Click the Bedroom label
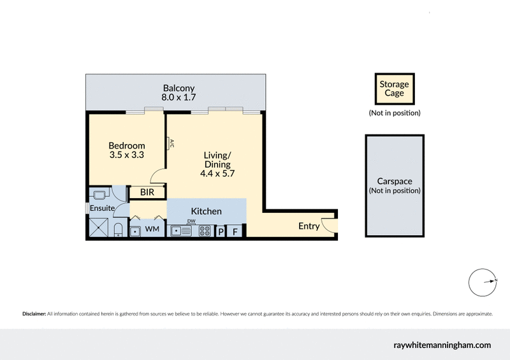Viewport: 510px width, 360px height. (126, 145)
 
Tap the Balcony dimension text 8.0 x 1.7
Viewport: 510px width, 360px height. (178, 98)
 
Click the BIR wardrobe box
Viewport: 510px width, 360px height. (147, 192)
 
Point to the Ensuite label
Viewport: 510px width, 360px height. (101, 208)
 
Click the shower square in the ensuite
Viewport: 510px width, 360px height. (99, 226)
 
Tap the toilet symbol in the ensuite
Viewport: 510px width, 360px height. (119, 230)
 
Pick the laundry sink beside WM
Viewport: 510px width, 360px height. (136, 231)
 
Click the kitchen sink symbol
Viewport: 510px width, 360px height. (182, 231)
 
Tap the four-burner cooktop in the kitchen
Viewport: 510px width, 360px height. (205, 231)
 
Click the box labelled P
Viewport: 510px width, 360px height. (221, 231)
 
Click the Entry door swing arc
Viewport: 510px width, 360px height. (328, 224)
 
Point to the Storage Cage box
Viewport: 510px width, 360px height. (395, 89)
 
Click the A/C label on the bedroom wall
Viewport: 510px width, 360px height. (170, 144)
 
